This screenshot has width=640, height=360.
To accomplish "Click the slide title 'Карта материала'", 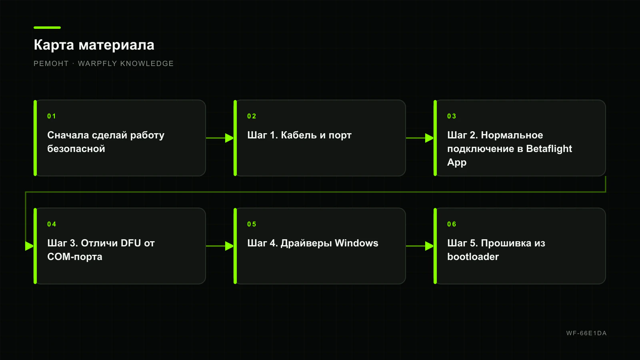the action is click(x=94, y=45).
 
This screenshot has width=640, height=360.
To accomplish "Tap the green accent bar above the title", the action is click(x=47, y=28).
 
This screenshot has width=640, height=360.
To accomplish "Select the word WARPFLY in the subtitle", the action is click(x=98, y=64).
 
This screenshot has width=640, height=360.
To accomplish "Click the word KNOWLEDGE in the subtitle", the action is click(x=147, y=64).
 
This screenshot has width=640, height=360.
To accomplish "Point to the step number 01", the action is click(x=52, y=116).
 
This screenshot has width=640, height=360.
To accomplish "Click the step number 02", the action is click(x=252, y=116).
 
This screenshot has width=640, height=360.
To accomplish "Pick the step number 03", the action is click(x=452, y=116).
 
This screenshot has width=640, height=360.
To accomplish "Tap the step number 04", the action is click(x=52, y=224).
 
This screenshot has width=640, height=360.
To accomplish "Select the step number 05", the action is click(x=252, y=224).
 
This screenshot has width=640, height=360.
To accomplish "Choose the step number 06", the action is click(x=452, y=224).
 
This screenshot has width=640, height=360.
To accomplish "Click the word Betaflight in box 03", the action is click(x=549, y=149).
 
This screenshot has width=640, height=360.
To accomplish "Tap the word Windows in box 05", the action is click(x=356, y=243).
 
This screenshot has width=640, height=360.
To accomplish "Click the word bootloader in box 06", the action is click(x=473, y=256).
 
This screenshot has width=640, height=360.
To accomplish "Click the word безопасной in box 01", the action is click(x=76, y=149).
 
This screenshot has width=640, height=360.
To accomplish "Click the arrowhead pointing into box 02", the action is click(x=230, y=138).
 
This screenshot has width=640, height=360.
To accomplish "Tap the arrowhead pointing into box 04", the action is click(x=30, y=246).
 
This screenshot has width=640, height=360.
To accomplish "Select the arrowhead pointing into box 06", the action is click(x=430, y=246).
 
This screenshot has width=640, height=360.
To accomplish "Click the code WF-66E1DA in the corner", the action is click(x=586, y=333).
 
